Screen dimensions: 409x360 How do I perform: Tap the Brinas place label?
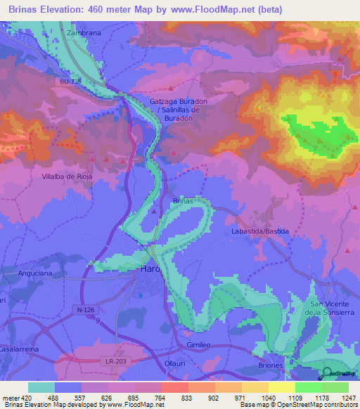(183, 201)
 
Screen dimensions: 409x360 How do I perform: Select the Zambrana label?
(85, 32)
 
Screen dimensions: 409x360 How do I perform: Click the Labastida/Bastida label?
(261, 231)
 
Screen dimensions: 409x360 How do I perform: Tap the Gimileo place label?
(200, 346)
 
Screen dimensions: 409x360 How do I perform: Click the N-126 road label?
(86, 309)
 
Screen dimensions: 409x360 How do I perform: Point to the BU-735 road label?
(72, 82)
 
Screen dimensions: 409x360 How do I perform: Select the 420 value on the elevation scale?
(26, 397)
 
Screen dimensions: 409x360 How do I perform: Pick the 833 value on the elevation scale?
(186, 397)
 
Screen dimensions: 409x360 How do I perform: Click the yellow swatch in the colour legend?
(281, 387)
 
